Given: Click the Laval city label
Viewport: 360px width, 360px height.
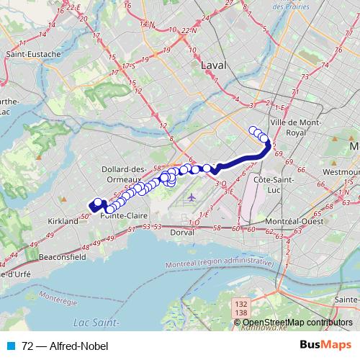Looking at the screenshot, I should (214, 65).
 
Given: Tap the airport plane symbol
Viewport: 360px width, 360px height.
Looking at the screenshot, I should (191, 197).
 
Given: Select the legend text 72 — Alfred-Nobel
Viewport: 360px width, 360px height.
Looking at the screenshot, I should (65, 346).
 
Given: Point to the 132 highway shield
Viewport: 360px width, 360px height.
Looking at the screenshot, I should (243, 305).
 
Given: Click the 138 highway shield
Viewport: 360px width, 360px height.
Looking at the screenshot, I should (243, 313).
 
